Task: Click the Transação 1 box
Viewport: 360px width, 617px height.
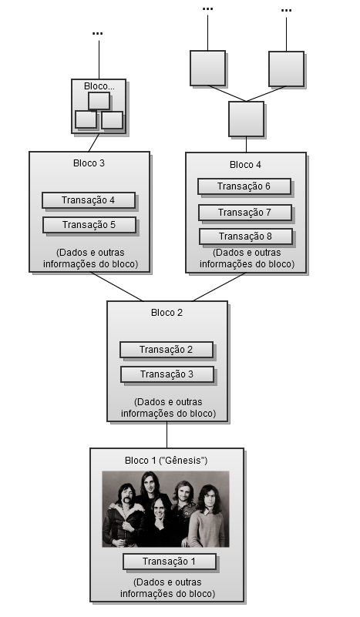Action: point(170,562)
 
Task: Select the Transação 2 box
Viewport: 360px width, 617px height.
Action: point(167,350)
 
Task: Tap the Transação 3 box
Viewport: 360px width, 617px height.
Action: point(167,374)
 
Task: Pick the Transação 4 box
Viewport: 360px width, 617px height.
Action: point(89,200)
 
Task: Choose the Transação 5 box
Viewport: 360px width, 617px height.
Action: point(89,225)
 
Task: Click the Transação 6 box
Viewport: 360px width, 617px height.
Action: point(244,186)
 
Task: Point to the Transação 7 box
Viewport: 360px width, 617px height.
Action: point(245,213)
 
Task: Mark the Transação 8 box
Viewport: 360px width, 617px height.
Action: point(246,236)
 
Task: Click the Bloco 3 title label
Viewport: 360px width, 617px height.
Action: point(89,163)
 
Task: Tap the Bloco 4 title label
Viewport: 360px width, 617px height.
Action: point(245,165)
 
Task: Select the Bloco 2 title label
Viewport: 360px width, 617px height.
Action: point(167,313)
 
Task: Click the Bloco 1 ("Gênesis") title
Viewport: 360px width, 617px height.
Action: point(167,461)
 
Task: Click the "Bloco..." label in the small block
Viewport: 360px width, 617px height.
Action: point(99,86)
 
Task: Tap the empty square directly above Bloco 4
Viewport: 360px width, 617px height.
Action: point(246,119)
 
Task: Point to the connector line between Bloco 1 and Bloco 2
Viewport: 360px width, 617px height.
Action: point(167,434)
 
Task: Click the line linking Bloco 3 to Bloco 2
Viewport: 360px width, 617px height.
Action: point(116,287)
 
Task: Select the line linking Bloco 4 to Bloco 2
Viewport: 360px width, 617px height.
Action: point(219,287)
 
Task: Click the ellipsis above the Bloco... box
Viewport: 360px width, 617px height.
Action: point(98,33)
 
